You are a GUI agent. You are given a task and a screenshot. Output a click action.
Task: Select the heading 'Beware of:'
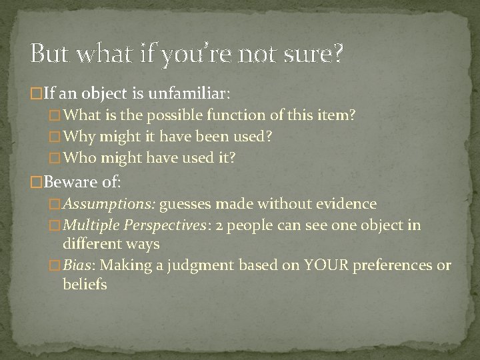point(69,180)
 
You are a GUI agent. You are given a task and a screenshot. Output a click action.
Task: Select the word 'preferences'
point(395,265)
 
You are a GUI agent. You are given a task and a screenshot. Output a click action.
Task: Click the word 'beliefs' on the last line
point(85,285)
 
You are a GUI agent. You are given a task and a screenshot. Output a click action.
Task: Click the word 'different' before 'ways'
point(93,244)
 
